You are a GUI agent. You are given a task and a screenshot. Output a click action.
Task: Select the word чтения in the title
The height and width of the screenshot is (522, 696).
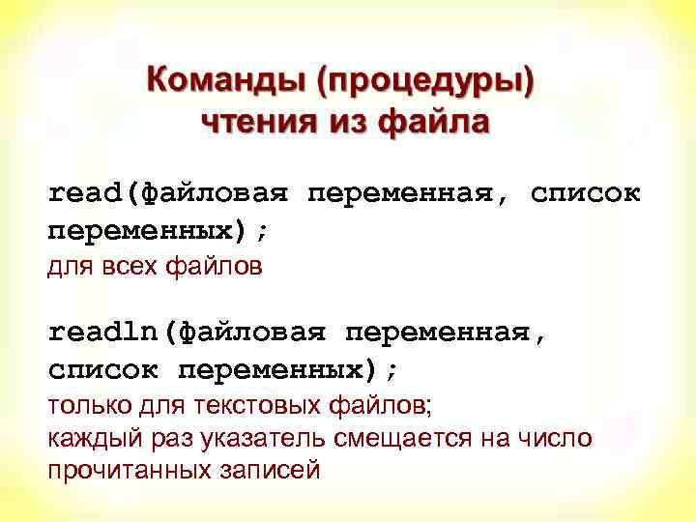coord(253,123)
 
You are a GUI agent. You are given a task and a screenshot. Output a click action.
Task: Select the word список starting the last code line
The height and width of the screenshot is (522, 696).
coord(103,370)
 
